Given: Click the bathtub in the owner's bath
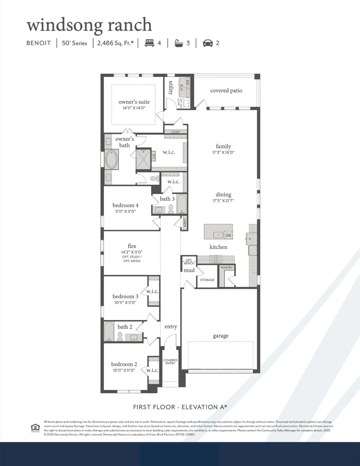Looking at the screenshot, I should (x=112, y=160).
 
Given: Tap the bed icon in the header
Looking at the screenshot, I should (x=149, y=43).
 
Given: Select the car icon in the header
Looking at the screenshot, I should (x=208, y=43).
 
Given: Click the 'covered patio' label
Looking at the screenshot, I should (x=226, y=90).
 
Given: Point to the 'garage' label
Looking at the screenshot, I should (x=220, y=336).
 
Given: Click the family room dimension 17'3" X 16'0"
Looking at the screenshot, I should (x=223, y=153).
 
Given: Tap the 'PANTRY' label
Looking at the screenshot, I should (x=227, y=268).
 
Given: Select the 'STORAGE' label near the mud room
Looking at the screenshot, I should (x=207, y=280).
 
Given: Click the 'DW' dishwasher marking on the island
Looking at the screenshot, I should (x=228, y=235).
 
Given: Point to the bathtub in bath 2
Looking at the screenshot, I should (x=109, y=332).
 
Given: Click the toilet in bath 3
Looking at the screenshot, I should (x=171, y=208).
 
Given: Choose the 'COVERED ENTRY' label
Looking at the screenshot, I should (x=170, y=362).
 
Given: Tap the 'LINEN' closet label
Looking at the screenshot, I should (x=184, y=223).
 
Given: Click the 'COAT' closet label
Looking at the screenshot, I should (x=176, y=132).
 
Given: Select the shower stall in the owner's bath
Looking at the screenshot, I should (x=143, y=157).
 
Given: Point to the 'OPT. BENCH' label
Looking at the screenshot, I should (x=189, y=262).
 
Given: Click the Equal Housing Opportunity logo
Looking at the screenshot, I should (x=35, y=428).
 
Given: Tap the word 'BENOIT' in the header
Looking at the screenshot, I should (x=39, y=43).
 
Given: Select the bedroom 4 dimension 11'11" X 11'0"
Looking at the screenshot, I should (x=125, y=211).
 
